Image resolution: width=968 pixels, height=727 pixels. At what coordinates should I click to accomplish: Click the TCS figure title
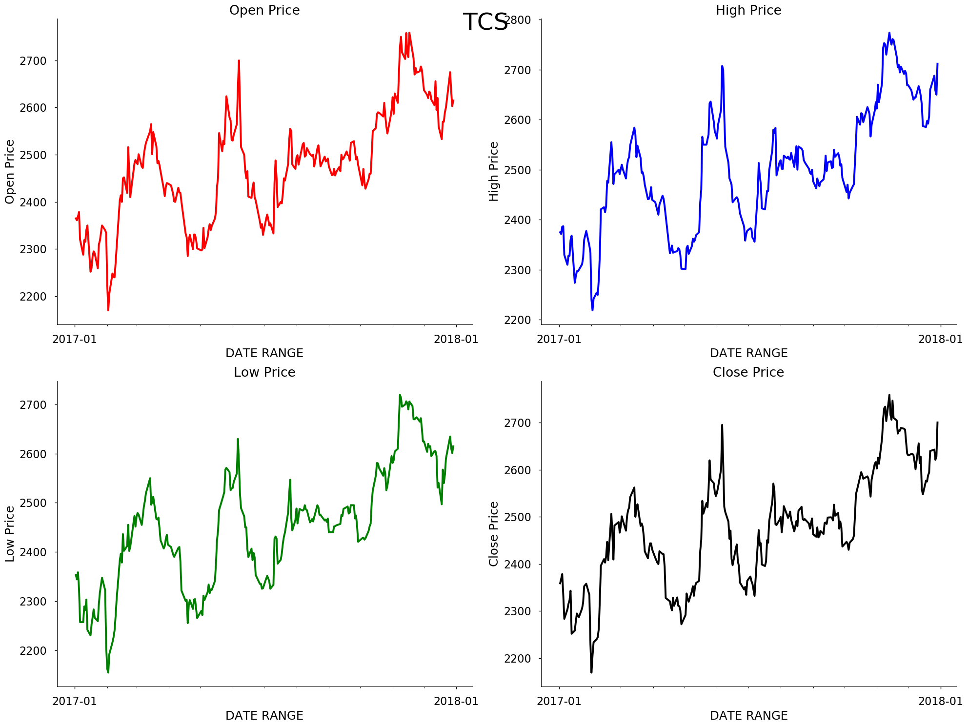[485, 22]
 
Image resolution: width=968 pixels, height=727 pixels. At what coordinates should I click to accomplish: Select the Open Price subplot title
[264, 10]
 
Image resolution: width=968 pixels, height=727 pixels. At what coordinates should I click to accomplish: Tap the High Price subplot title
[748, 10]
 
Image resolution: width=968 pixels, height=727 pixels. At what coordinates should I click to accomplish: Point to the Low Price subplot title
[264, 372]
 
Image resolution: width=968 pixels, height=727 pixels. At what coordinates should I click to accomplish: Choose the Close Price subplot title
[748, 372]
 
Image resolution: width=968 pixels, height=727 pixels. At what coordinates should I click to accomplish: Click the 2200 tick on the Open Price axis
[33, 297]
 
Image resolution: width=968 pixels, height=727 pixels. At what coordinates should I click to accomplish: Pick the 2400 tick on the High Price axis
[517, 220]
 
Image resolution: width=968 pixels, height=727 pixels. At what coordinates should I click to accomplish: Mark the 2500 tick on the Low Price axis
[33, 503]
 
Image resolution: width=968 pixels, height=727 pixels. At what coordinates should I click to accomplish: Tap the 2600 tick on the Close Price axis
[517, 470]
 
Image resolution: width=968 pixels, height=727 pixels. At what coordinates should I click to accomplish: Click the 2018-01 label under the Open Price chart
[456, 339]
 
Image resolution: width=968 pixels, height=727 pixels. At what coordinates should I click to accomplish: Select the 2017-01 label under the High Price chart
[559, 339]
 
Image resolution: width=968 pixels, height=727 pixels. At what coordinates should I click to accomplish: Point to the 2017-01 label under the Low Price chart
[75, 701]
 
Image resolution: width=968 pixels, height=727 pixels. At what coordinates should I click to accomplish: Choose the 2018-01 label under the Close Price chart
[940, 701]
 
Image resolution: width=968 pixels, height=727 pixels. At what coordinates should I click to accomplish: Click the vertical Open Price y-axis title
[10, 172]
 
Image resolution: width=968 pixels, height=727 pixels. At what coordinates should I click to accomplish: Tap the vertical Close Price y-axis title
[494, 534]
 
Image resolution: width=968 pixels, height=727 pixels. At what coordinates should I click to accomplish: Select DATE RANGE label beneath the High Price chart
[748, 353]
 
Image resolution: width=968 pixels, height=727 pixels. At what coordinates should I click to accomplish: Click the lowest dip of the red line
[108, 310]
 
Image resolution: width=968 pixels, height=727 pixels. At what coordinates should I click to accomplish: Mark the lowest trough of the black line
[591, 672]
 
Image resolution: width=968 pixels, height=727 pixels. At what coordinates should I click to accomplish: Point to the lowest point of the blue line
[592, 310]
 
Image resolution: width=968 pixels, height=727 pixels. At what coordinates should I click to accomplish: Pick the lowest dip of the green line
[108, 672]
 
